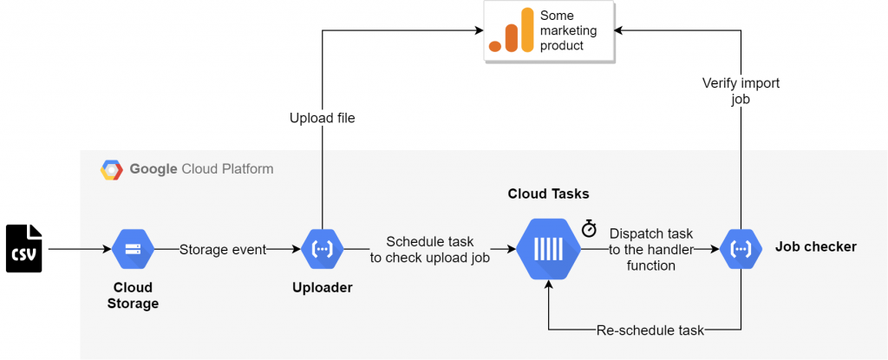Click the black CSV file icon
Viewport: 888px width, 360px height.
(24, 248)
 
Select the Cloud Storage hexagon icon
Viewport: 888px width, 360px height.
(133, 248)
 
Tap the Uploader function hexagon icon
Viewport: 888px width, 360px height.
(323, 248)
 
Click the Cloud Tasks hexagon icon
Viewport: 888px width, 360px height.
(549, 248)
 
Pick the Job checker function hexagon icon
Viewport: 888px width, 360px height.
(741, 248)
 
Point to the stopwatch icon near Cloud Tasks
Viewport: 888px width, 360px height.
(590, 228)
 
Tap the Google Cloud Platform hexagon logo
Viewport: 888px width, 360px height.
(112, 169)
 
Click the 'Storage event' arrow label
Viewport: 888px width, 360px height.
(223, 250)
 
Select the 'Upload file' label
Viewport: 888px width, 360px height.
(323, 119)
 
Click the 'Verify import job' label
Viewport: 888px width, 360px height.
(741, 90)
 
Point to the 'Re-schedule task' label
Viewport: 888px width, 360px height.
(650, 331)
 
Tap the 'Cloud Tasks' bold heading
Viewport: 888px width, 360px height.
(548, 194)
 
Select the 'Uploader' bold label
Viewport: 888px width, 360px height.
(323, 288)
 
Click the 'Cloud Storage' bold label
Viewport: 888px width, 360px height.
(133, 295)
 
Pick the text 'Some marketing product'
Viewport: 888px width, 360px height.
(568, 30)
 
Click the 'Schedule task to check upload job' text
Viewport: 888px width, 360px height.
(430, 249)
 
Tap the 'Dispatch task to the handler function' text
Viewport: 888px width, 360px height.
(650, 249)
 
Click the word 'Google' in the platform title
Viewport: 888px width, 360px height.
(153, 169)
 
